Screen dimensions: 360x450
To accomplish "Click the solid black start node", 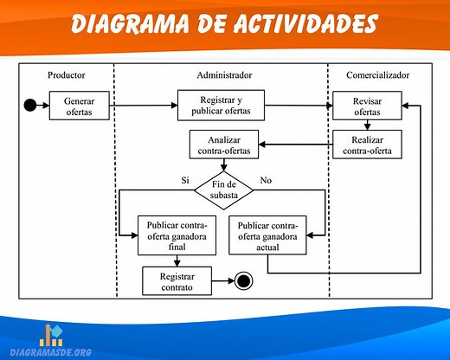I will [30, 106].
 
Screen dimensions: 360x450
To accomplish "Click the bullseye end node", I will [243, 280].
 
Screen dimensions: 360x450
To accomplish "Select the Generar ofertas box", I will [84, 106].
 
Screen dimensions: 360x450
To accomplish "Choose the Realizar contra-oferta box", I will [366, 145].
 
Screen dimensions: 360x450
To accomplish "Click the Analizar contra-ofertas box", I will [223, 145].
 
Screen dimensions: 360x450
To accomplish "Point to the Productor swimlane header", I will [67, 75].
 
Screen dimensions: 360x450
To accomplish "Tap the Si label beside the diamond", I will [184, 180].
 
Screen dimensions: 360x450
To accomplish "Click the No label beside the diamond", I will [265, 180].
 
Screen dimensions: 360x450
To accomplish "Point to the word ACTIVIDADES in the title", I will [297, 24].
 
